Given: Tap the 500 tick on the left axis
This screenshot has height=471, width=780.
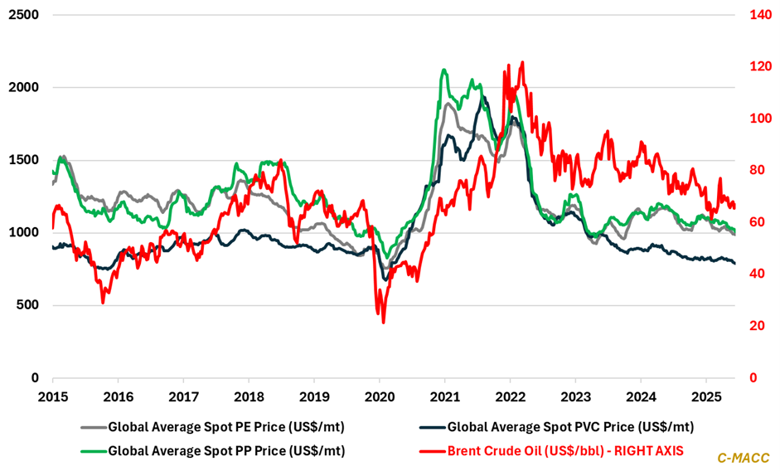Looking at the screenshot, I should coord(30,305).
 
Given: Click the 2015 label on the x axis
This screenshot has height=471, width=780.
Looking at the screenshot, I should coord(53,395).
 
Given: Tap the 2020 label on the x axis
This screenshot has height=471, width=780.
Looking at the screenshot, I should coord(379,395).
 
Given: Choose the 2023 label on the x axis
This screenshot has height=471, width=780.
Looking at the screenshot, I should coord(574,395).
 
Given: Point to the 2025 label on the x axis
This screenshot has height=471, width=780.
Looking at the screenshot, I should coord(705,395).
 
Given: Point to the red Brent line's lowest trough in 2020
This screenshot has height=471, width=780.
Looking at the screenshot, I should coord(383,322).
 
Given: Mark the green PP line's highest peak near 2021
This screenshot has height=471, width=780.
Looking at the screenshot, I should coord(445,70).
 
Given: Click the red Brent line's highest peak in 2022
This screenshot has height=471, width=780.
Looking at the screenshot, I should coord(521,62).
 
